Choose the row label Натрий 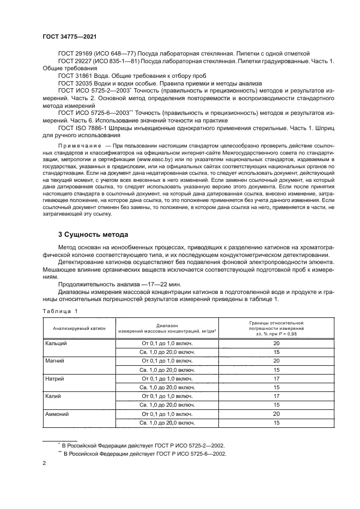55,378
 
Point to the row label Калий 53,396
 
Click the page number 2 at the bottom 45,464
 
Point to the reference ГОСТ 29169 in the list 75,53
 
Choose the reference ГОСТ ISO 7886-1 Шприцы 90,127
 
